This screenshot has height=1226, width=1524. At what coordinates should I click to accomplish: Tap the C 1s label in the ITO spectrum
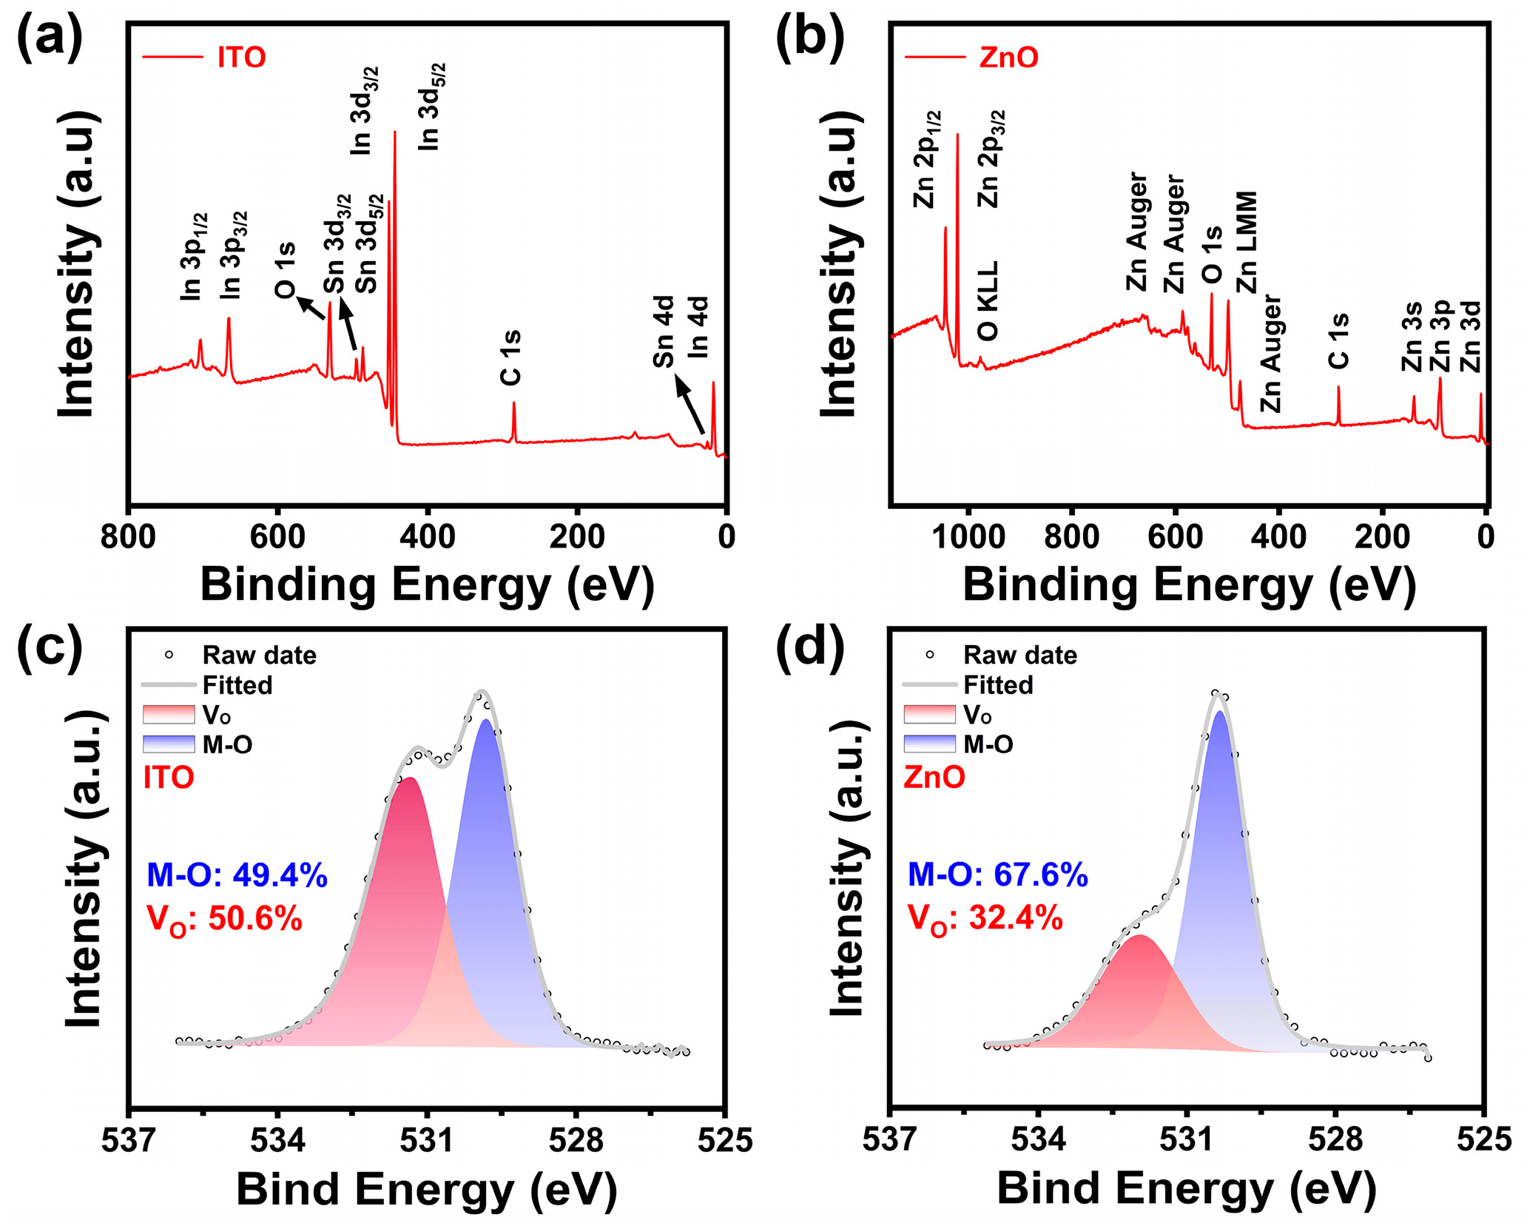(511, 358)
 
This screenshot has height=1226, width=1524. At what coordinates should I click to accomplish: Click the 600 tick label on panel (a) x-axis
(278, 536)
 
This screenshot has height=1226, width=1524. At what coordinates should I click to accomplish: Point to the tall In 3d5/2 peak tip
(394, 133)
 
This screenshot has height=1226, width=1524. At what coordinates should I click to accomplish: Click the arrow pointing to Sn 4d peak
(689, 405)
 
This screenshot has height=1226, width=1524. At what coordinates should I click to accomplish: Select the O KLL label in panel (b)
(988, 300)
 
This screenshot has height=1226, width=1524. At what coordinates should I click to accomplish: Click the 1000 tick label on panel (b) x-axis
(968, 536)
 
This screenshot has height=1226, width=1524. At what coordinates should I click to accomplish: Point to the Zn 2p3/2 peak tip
(958, 135)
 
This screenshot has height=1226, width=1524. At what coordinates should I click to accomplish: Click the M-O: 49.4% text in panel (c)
(237, 875)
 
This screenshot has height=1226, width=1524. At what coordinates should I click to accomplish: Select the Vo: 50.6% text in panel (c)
(225, 920)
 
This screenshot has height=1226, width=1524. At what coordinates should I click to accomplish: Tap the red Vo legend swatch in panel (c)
(169, 714)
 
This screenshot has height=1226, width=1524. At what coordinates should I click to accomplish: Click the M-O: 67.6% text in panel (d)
(997, 875)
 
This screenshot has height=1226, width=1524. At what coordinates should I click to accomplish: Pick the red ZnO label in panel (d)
(934, 778)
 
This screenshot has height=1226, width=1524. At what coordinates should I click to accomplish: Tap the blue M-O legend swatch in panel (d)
(929, 744)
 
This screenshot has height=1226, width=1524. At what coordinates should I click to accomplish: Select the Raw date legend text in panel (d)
(1019, 656)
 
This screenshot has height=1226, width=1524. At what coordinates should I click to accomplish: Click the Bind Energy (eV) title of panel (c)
(427, 1190)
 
